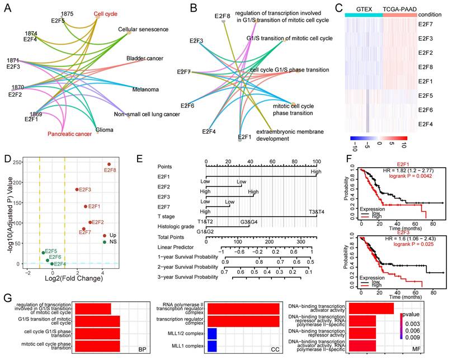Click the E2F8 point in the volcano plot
point(109,164)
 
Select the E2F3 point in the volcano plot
point(76,190)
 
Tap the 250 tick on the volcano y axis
point(16,162)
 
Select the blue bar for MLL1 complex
point(213,346)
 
